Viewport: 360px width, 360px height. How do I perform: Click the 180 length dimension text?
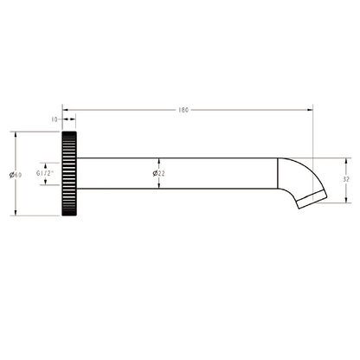tap(183, 111)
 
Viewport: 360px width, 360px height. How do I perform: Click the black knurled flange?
tap(69, 174)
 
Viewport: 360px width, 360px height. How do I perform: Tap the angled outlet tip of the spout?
tap(312, 202)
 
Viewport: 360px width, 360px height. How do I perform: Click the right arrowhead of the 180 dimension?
tap(310, 111)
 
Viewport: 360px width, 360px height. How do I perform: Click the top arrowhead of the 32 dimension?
tap(345, 161)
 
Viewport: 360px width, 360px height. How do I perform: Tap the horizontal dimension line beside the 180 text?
tap(242, 111)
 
